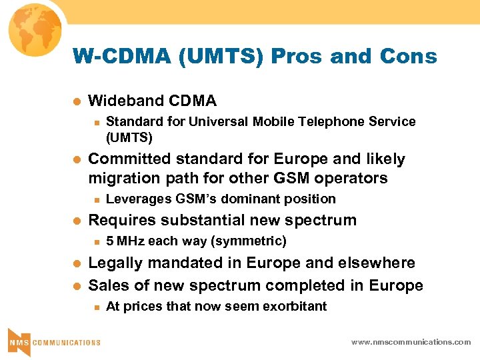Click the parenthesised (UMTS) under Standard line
pos(129,138)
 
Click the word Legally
pos(114,263)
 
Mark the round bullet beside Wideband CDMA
pos(77,102)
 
